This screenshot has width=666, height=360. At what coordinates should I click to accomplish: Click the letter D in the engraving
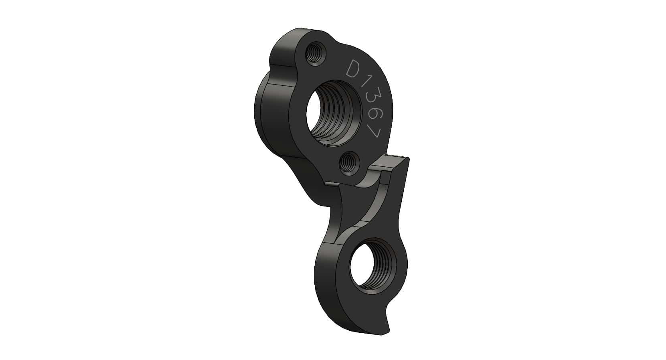pyautogui.click(x=354, y=70)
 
